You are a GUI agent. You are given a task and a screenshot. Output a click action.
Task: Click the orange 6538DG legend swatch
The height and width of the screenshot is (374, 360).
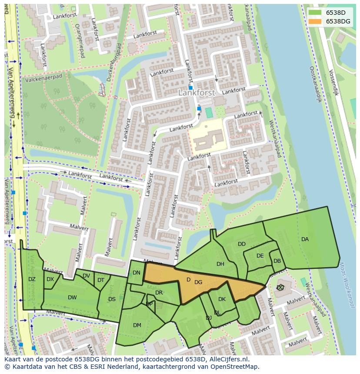click(x=315, y=21)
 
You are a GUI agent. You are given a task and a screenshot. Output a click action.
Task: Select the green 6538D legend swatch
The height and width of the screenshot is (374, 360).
click(x=315, y=13)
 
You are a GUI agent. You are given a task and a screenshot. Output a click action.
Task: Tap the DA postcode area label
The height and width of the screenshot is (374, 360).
click(x=305, y=239)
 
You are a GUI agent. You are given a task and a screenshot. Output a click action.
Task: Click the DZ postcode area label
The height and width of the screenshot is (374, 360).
click(x=32, y=279)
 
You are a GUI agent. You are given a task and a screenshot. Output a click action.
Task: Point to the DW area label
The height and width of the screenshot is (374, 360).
click(x=72, y=298)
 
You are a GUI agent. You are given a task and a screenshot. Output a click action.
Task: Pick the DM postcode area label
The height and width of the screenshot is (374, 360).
click(x=137, y=325)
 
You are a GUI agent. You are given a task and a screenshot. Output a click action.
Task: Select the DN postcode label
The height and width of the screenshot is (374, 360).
click(x=137, y=273)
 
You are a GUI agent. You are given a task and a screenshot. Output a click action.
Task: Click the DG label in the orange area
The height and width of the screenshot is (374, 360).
click(x=198, y=282)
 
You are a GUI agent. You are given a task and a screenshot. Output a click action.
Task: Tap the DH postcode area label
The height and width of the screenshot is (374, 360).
click(x=220, y=264)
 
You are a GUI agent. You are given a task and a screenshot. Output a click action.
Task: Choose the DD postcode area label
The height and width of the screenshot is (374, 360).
click(x=242, y=244)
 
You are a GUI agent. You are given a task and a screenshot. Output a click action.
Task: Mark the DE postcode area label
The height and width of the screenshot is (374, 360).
click(x=260, y=256)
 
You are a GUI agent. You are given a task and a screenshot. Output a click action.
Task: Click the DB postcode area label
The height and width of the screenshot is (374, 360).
click(x=277, y=261)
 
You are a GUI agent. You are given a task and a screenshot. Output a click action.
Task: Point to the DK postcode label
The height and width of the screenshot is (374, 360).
click(x=222, y=299)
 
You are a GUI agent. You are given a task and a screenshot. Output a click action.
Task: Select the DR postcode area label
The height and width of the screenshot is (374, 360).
click(x=159, y=293)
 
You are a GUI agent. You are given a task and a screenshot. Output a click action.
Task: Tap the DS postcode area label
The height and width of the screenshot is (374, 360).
click(x=112, y=299)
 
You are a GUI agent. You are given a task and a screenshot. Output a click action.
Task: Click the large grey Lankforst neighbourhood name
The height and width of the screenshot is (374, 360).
click(x=197, y=93)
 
